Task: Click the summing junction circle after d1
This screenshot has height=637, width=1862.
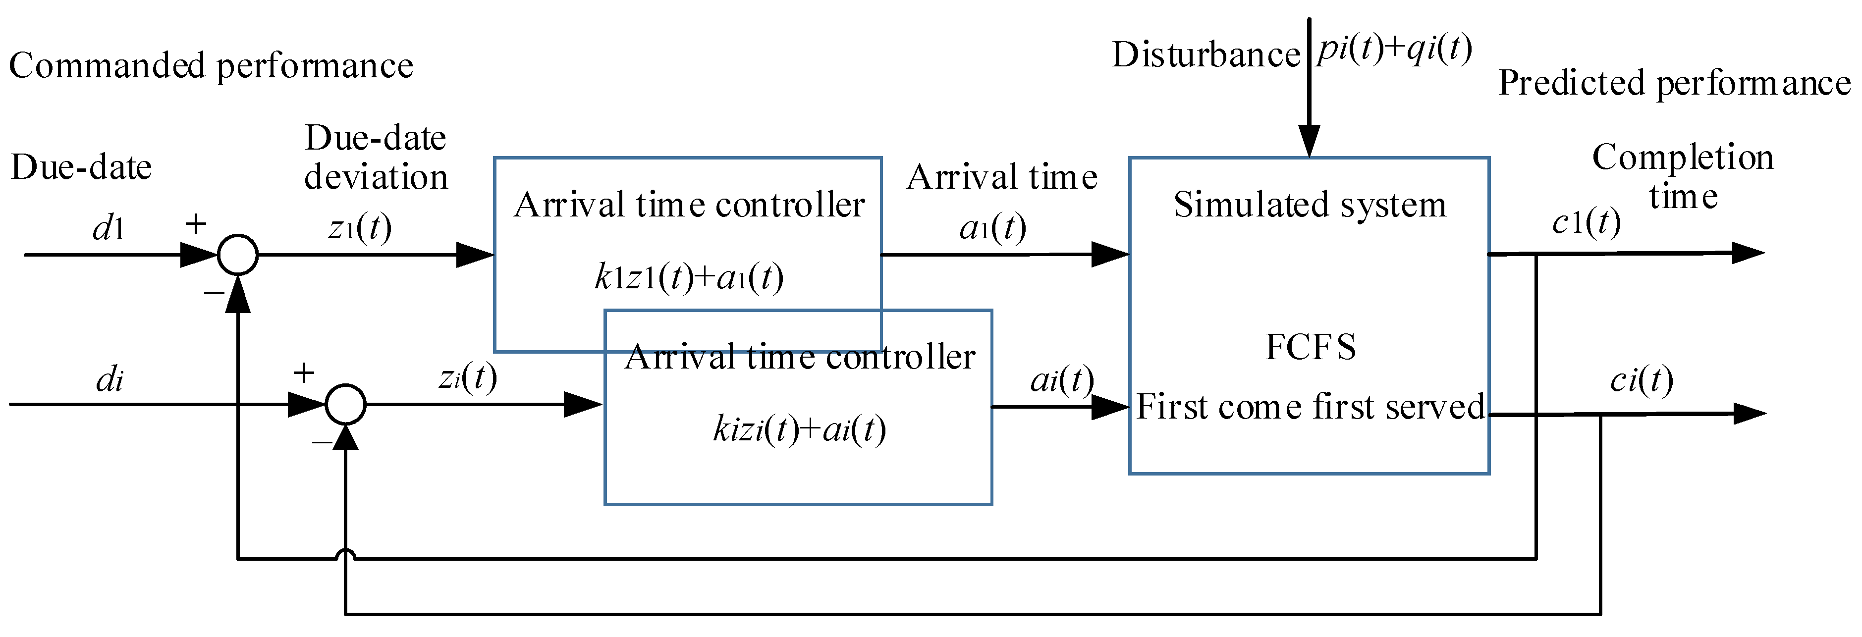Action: [238, 254]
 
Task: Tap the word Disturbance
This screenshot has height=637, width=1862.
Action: [1205, 55]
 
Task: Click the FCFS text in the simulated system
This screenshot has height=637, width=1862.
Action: [1311, 347]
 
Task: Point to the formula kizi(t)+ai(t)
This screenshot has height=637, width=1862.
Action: [799, 430]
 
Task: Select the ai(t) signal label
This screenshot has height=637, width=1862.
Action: [1061, 379]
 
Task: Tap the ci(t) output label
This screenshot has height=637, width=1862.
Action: [1641, 379]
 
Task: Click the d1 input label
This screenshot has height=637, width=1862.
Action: [109, 229]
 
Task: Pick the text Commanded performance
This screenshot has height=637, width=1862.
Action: [211, 66]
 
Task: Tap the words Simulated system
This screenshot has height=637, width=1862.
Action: [1310, 205]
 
